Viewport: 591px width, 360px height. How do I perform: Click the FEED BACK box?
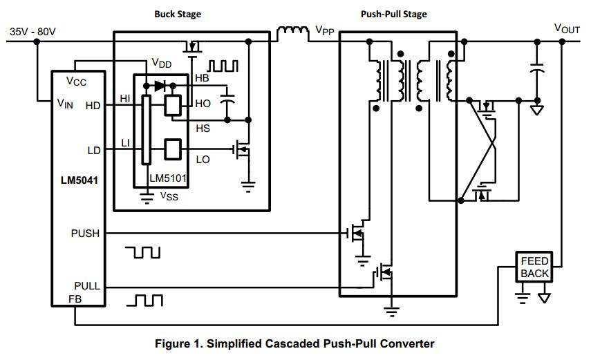(534, 267)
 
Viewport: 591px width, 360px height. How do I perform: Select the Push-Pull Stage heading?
(394, 14)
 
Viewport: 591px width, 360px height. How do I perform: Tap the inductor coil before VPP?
(294, 32)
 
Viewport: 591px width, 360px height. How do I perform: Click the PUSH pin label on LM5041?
(85, 234)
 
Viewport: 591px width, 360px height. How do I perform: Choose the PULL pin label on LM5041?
(86, 285)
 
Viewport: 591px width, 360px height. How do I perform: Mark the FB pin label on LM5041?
(75, 299)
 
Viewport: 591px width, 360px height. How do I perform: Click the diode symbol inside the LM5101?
(160, 86)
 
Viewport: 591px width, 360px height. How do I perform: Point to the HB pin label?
(202, 78)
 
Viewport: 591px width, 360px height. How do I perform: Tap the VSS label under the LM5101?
(169, 196)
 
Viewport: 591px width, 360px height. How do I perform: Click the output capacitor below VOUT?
(536, 70)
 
